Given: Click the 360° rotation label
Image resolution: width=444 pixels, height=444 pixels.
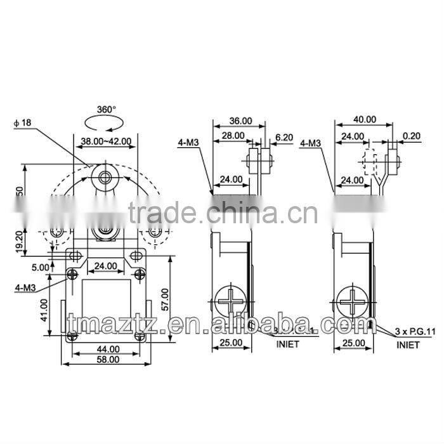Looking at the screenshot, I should (106, 109).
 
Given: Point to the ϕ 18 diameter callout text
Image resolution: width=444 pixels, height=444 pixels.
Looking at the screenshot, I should (22, 123).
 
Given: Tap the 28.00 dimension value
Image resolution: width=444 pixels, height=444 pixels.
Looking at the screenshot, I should (233, 135).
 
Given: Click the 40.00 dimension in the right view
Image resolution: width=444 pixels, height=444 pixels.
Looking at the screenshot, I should (364, 119).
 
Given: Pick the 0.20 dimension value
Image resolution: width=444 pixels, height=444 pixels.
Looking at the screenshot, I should (412, 135).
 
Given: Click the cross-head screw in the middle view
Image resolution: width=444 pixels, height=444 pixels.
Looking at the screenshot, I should (230, 301).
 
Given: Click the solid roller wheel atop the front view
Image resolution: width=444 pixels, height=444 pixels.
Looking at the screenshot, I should (103, 174).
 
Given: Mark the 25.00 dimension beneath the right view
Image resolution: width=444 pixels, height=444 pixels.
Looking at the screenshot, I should (353, 343).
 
